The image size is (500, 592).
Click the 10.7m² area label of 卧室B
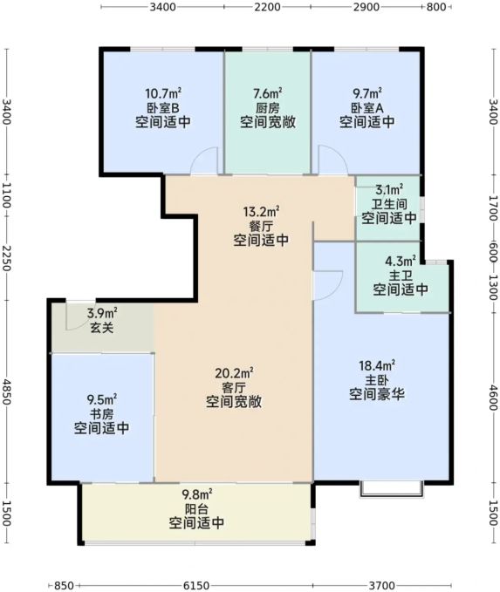[x=163, y=93]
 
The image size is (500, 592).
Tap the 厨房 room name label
[x=268, y=108]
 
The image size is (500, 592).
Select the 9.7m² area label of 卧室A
[x=367, y=93]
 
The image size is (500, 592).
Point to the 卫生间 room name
[x=389, y=204]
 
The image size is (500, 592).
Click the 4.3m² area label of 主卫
[x=401, y=261]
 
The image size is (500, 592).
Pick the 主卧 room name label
[x=377, y=380]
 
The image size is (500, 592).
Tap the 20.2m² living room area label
[x=234, y=373]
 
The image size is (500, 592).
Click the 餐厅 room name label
[x=261, y=226]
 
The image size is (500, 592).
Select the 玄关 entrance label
[x=102, y=327]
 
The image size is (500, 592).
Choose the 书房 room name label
[x=102, y=414]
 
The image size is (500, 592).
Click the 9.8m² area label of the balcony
[x=196, y=494]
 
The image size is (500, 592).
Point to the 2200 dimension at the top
[x=267, y=7]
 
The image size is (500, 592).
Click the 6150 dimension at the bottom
[x=195, y=586]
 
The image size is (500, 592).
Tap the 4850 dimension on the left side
[x=6, y=391]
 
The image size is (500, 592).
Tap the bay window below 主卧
[x=391, y=490]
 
